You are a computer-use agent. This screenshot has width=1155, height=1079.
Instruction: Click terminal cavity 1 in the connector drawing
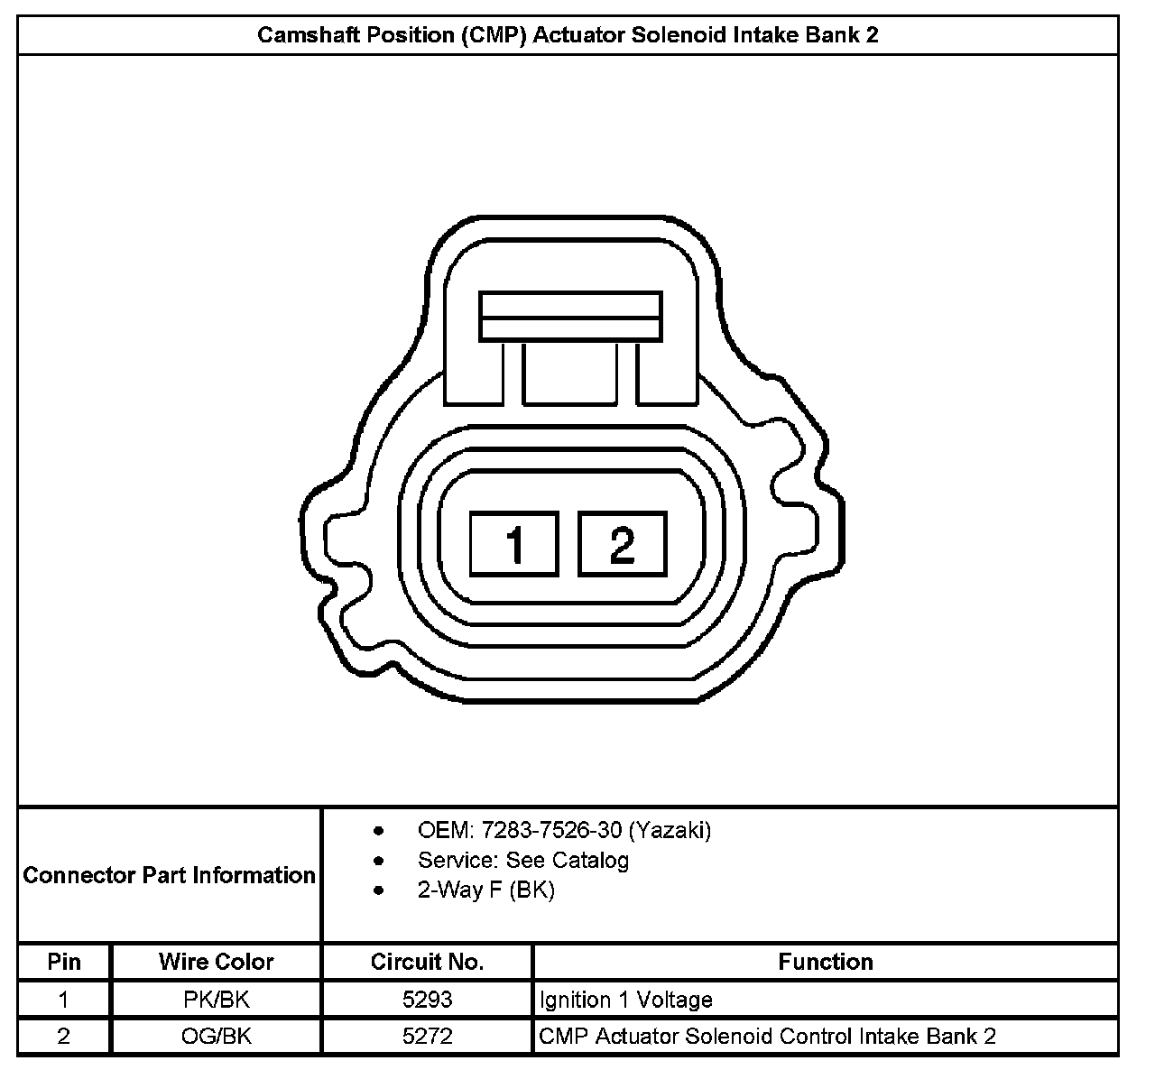[514, 544]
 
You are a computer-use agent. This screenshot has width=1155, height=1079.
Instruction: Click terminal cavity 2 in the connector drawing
[623, 544]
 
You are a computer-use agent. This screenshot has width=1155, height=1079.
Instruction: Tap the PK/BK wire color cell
[217, 1000]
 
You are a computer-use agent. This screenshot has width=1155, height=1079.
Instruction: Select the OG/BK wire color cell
[217, 1037]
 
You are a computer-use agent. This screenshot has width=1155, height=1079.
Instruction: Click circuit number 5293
[428, 1000]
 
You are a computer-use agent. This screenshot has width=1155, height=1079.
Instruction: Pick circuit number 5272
[428, 1037]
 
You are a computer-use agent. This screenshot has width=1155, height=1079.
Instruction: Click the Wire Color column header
[217, 962]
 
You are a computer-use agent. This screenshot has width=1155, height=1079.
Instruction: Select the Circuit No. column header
[428, 962]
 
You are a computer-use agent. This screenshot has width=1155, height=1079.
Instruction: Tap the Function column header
[826, 962]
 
